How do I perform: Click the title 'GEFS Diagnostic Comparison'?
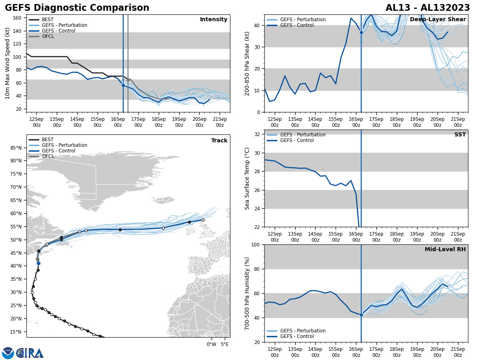[x=77, y=8]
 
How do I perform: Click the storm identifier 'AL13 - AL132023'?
[x=428, y=8]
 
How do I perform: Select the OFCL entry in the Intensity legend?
[x=48, y=36]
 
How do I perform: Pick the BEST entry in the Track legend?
[x=47, y=140]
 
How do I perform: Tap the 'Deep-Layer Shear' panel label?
[x=438, y=20]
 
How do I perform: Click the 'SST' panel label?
[x=460, y=135]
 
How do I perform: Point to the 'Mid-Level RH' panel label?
[x=445, y=250]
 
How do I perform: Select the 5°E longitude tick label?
[x=225, y=344]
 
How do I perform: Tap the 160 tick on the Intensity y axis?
[x=18, y=18]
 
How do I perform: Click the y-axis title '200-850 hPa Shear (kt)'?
[x=247, y=63]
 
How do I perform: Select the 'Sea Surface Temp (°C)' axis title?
[x=247, y=178]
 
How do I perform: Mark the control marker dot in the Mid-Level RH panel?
[x=361, y=315]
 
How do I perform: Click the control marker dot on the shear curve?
[x=361, y=32]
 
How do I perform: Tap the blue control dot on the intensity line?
[x=123, y=85]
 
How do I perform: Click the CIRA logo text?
[x=30, y=353]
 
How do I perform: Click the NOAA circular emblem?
[x=8, y=353]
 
